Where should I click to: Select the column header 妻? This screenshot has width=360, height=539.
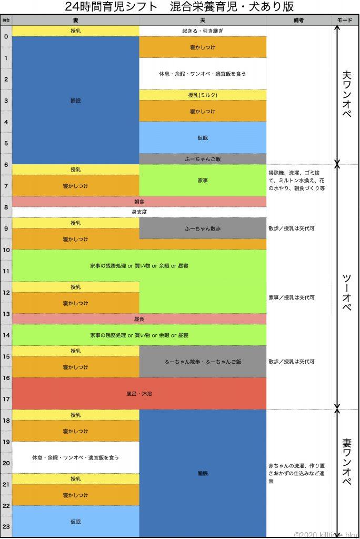point(76,20)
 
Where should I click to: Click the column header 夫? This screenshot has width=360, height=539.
point(203,20)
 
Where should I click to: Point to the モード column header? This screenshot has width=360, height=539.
point(345,20)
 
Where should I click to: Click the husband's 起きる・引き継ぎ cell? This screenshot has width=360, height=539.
point(203,31)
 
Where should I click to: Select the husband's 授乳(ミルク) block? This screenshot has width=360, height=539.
point(203,95)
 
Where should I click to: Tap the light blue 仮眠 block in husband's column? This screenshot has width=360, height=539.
point(203,137)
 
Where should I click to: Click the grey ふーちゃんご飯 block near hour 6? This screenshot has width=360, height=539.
point(203,158)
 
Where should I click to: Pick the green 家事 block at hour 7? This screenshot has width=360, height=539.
point(203,180)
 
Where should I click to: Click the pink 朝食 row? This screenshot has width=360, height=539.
point(139,202)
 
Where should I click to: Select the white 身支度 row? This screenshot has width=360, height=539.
point(139,212)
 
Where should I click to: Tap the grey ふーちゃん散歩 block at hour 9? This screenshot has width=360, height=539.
point(203,228)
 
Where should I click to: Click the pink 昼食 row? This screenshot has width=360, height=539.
point(139,319)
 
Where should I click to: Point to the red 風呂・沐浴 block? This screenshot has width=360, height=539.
point(139,393)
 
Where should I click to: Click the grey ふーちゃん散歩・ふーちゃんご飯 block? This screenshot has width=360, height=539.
point(203,362)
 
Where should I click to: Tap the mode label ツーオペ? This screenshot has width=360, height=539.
point(346,287)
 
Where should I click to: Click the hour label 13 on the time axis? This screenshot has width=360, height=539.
point(6,314)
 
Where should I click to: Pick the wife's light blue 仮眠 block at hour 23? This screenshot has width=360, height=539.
point(76,522)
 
